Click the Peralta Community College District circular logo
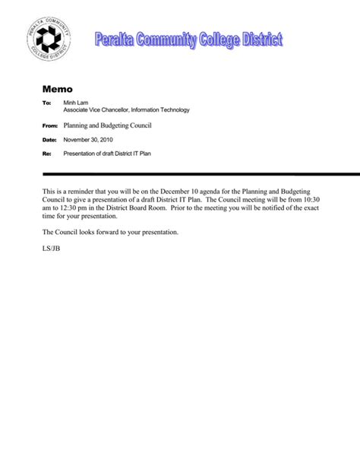pyautogui.click(x=49, y=37)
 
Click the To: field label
pyautogui.click(x=46, y=103)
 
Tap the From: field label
pyautogui.click(x=48, y=124)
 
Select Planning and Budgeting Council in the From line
pyautogui.click(x=109, y=124)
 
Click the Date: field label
pyautogui.click(x=49, y=140)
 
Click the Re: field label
pyautogui.click(x=46, y=154)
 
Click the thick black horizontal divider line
pyautogui.click(x=197, y=174)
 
